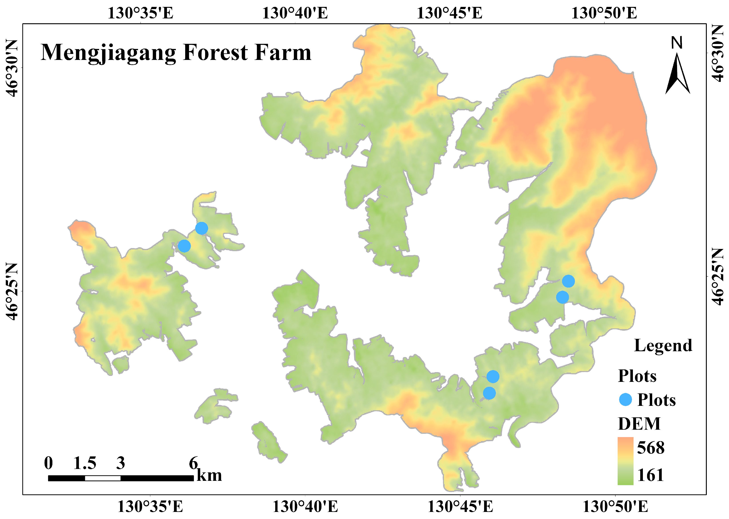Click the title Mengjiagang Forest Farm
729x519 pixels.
coord(176,53)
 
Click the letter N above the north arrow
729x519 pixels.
coord(677,43)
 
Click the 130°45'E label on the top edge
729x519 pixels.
coord(449,13)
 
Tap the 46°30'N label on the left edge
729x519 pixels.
coord(12,68)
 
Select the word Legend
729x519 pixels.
coord(663,346)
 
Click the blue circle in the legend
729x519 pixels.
coord(625,399)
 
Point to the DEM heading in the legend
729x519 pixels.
coord(639,424)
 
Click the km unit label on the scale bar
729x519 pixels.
coord(209,475)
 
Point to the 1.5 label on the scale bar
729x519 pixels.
coord(85,463)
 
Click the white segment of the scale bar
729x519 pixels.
coord(103,478)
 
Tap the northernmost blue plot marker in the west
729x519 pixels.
coord(201,228)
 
